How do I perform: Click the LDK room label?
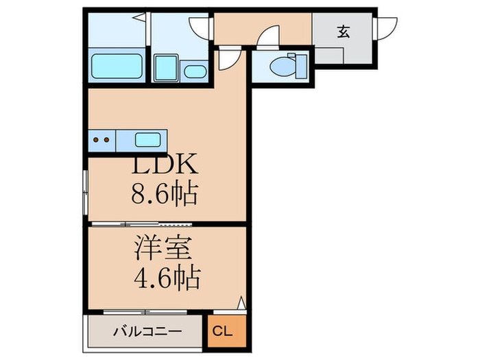coord(165,165)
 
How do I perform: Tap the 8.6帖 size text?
coord(165,194)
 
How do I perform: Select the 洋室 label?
coord(163,248)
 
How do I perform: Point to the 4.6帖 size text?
coord(167,278)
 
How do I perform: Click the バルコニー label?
coord(147,331)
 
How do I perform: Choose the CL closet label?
coord(223,331)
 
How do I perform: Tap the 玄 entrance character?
coord(344,32)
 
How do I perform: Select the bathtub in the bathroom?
coord(117,66)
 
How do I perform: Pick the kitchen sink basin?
coord(148,140)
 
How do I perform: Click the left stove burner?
coord(96,140)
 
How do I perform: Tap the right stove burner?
coord(106,140)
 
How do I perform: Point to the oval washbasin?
coord(195,72)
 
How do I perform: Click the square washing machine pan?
coord(166,68)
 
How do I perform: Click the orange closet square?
coord(227,331)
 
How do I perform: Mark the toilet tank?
coord(302,66)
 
